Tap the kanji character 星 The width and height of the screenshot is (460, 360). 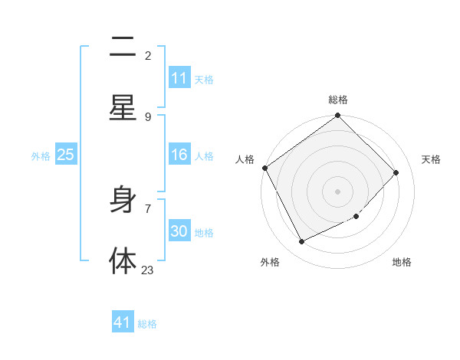pyautogui.click(x=123, y=108)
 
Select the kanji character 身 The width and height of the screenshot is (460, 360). pyautogui.click(x=123, y=201)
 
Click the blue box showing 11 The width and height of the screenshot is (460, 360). pyautogui.click(x=179, y=78)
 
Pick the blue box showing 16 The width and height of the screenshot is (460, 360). pyautogui.click(x=179, y=155)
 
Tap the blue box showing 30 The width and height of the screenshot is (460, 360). pyautogui.click(x=179, y=231)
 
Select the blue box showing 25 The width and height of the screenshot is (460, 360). pyautogui.click(x=66, y=155)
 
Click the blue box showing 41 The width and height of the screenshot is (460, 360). pyautogui.click(x=123, y=322)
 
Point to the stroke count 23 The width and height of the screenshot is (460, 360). pyautogui.click(x=147, y=270)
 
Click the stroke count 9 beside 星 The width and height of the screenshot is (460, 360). pyautogui.click(x=148, y=116)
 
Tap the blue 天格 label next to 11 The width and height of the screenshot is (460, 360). pyautogui.click(x=204, y=79)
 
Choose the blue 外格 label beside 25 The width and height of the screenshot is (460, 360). pyautogui.click(x=41, y=155)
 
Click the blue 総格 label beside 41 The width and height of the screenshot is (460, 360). pyautogui.click(x=147, y=323)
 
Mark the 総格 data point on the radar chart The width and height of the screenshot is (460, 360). pyautogui.click(x=337, y=116)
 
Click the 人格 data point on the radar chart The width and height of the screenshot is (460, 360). pyautogui.click(x=265, y=168)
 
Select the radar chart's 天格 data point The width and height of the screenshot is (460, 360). pyautogui.click(x=396, y=172)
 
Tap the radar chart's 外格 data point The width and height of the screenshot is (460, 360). pyautogui.click(x=301, y=241)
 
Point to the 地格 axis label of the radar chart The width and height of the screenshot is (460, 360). pyautogui.click(x=402, y=262)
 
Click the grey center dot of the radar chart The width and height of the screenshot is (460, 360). pyautogui.click(x=337, y=191)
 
